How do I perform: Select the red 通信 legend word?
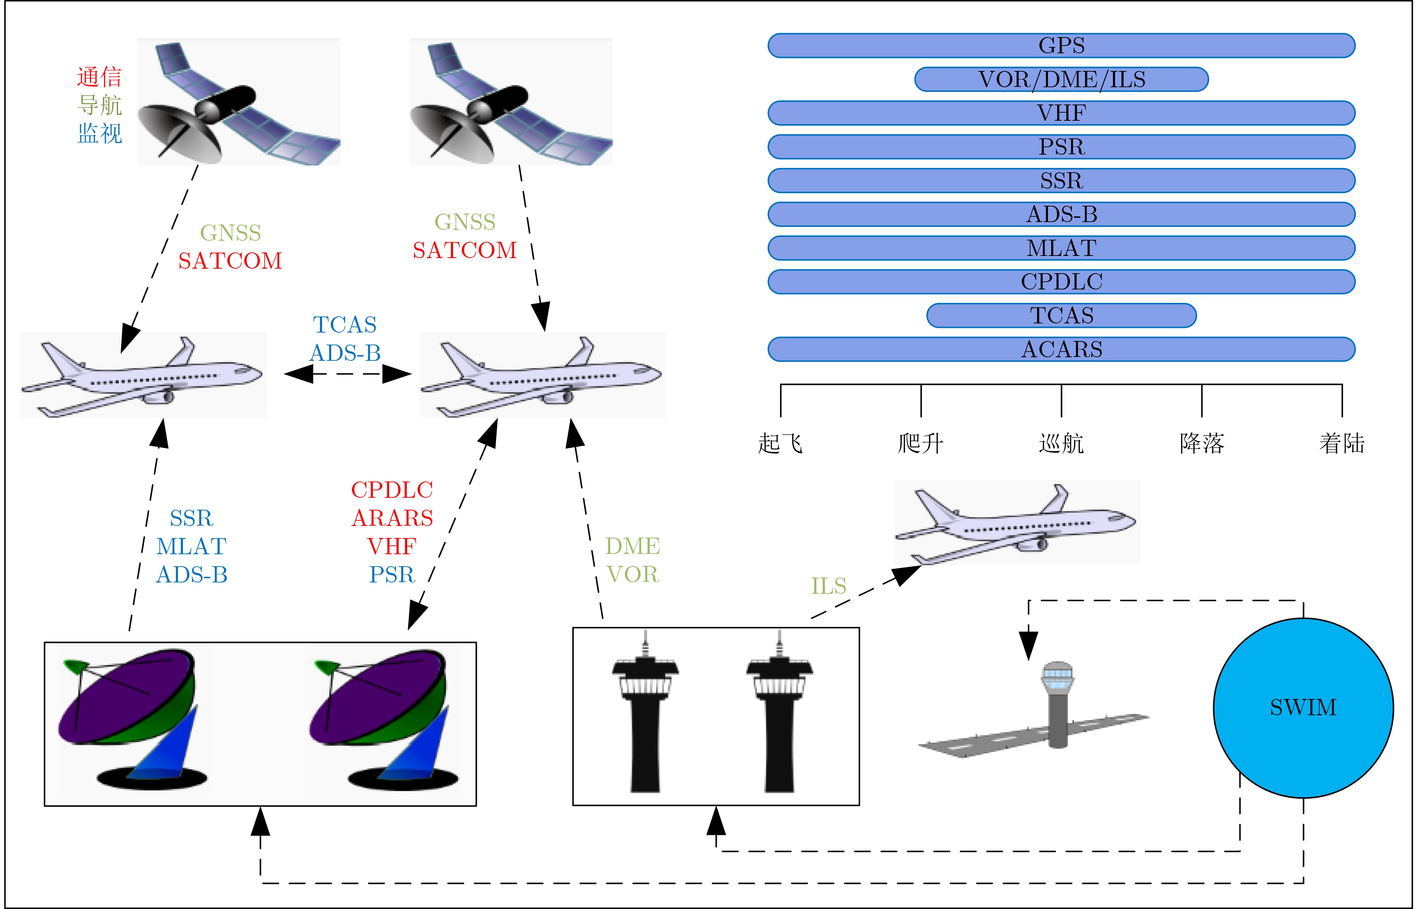click(99, 77)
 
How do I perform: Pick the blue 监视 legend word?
click(99, 133)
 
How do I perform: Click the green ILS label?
click(828, 586)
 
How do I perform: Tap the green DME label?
click(632, 546)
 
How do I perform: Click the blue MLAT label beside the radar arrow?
click(191, 546)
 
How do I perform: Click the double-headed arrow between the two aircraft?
click(347, 373)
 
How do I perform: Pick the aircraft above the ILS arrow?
click(1016, 522)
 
